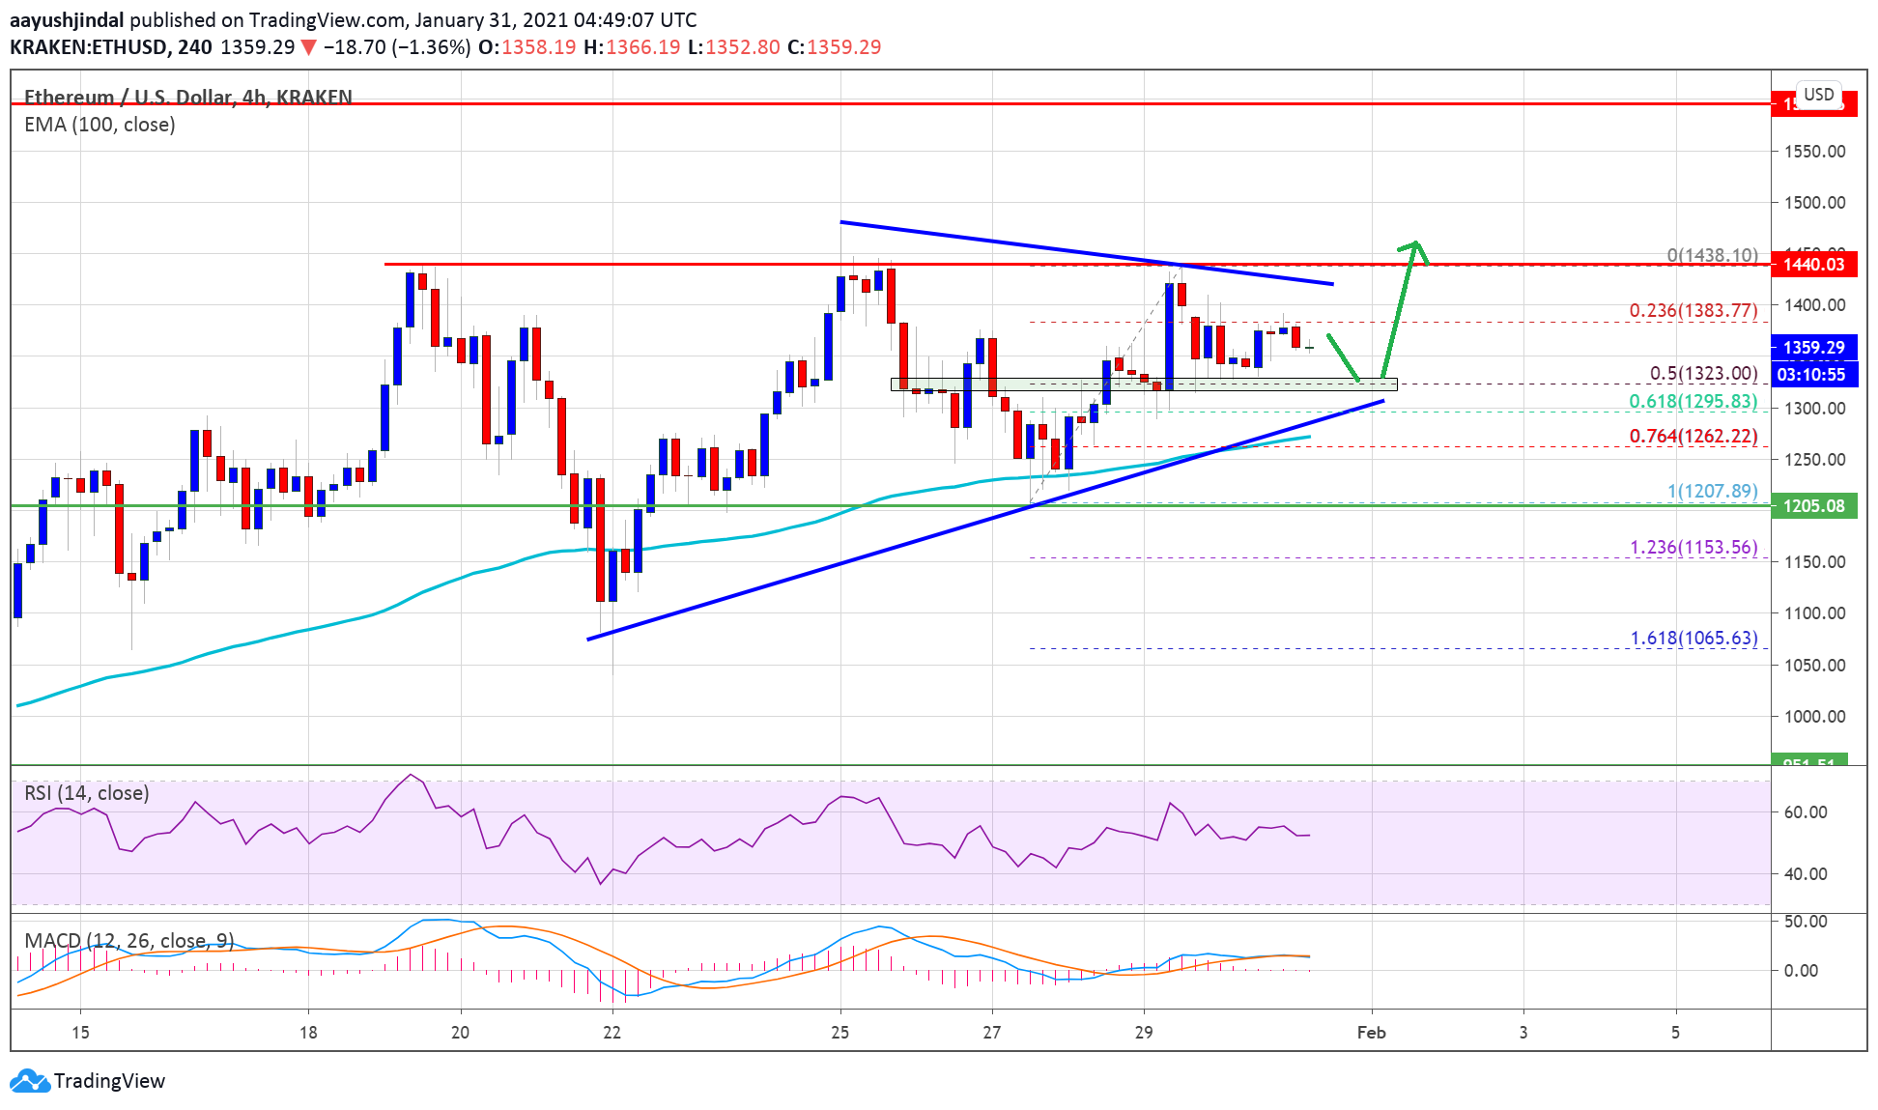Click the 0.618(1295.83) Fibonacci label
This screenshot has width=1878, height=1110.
[x=1693, y=401]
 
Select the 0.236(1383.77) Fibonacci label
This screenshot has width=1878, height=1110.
[x=1693, y=310]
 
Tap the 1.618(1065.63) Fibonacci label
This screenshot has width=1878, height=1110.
[x=1693, y=638]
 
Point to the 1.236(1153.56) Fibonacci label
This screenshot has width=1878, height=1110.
[x=1693, y=547]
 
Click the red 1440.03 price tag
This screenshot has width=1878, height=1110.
[x=1813, y=265]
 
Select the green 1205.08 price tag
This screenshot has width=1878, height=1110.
[x=1813, y=506]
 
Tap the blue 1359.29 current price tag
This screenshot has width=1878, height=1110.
[x=1813, y=347]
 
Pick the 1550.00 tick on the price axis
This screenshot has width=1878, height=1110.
[x=1814, y=152]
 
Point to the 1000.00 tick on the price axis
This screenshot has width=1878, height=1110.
[x=1814, y=717]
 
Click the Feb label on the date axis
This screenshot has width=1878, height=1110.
[x=1371, y=1033]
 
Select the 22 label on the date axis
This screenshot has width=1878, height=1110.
[x=612, y=1033]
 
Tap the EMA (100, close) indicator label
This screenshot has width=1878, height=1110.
[x=100, y=125]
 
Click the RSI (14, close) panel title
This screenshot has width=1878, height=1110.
[x=87, y=793]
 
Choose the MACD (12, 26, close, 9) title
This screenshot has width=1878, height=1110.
[x=128, y=940]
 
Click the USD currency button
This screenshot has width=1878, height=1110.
[x=1818, y=95]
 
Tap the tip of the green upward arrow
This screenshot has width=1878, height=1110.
[x=1416, y=242]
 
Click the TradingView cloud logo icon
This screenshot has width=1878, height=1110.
[x=29, y=1080]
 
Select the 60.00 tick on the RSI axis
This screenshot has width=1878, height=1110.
[x=1805, y=812]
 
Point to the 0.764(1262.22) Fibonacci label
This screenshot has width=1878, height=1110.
[x=1693, y=436]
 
